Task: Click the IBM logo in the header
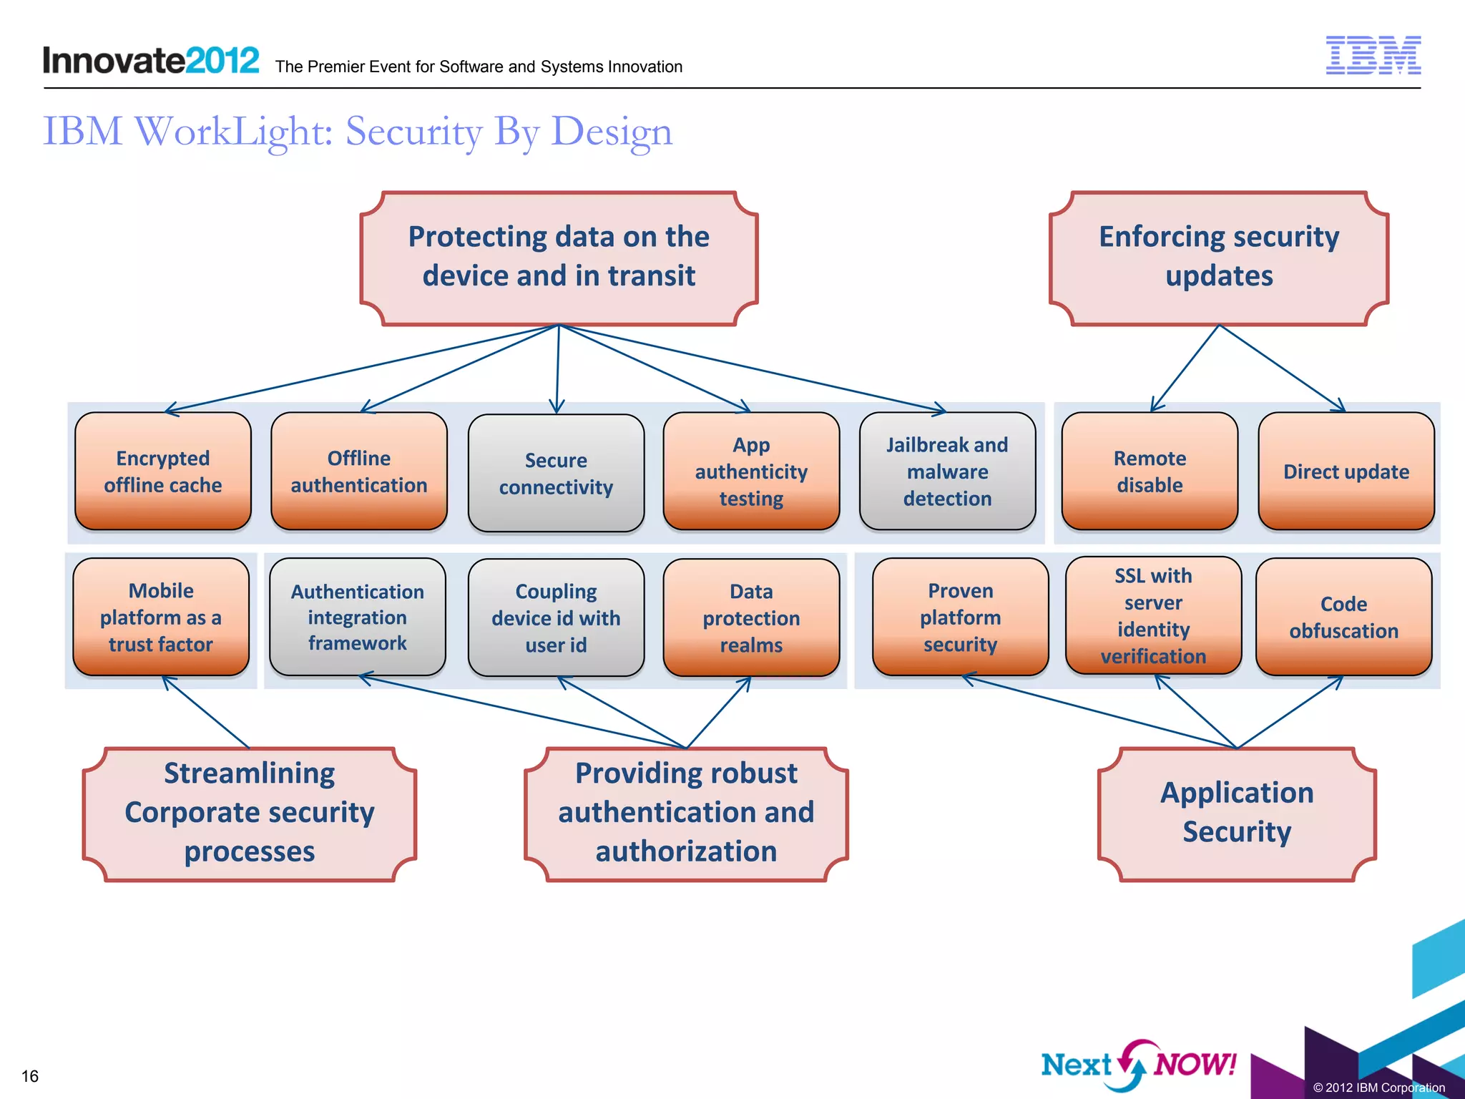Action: click(x=1373, y=55)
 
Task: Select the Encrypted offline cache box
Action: click(x=163, y=472)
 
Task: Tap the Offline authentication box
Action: click(x=359, y=472)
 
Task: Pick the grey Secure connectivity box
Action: click(x=556, y=473)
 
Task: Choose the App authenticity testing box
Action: click(x=751, y=472)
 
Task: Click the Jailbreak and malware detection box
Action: click(x=947, y=472)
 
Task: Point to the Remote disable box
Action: click(x=1150, y=472)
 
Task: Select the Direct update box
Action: click(x=1346, y=472)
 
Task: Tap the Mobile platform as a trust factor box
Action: click(x=161, y=617)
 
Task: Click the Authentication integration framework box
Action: click(x=358, y=617)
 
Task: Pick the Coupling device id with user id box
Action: click(x=556, y=617)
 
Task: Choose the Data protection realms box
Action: click(x=751, y=617)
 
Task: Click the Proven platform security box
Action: click(x=960, y=617)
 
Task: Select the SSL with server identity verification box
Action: click(x=1153, y=615)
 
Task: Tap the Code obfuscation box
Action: click(x=1343, y=617)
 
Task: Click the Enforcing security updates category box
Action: click(x=1219, y=258)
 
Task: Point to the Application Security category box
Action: click(x=1237, y=814)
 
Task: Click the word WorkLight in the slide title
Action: click(x=233, y=132)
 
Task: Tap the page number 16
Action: click(x=30, y=1076)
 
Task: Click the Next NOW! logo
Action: click(x=1138, y=1065)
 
